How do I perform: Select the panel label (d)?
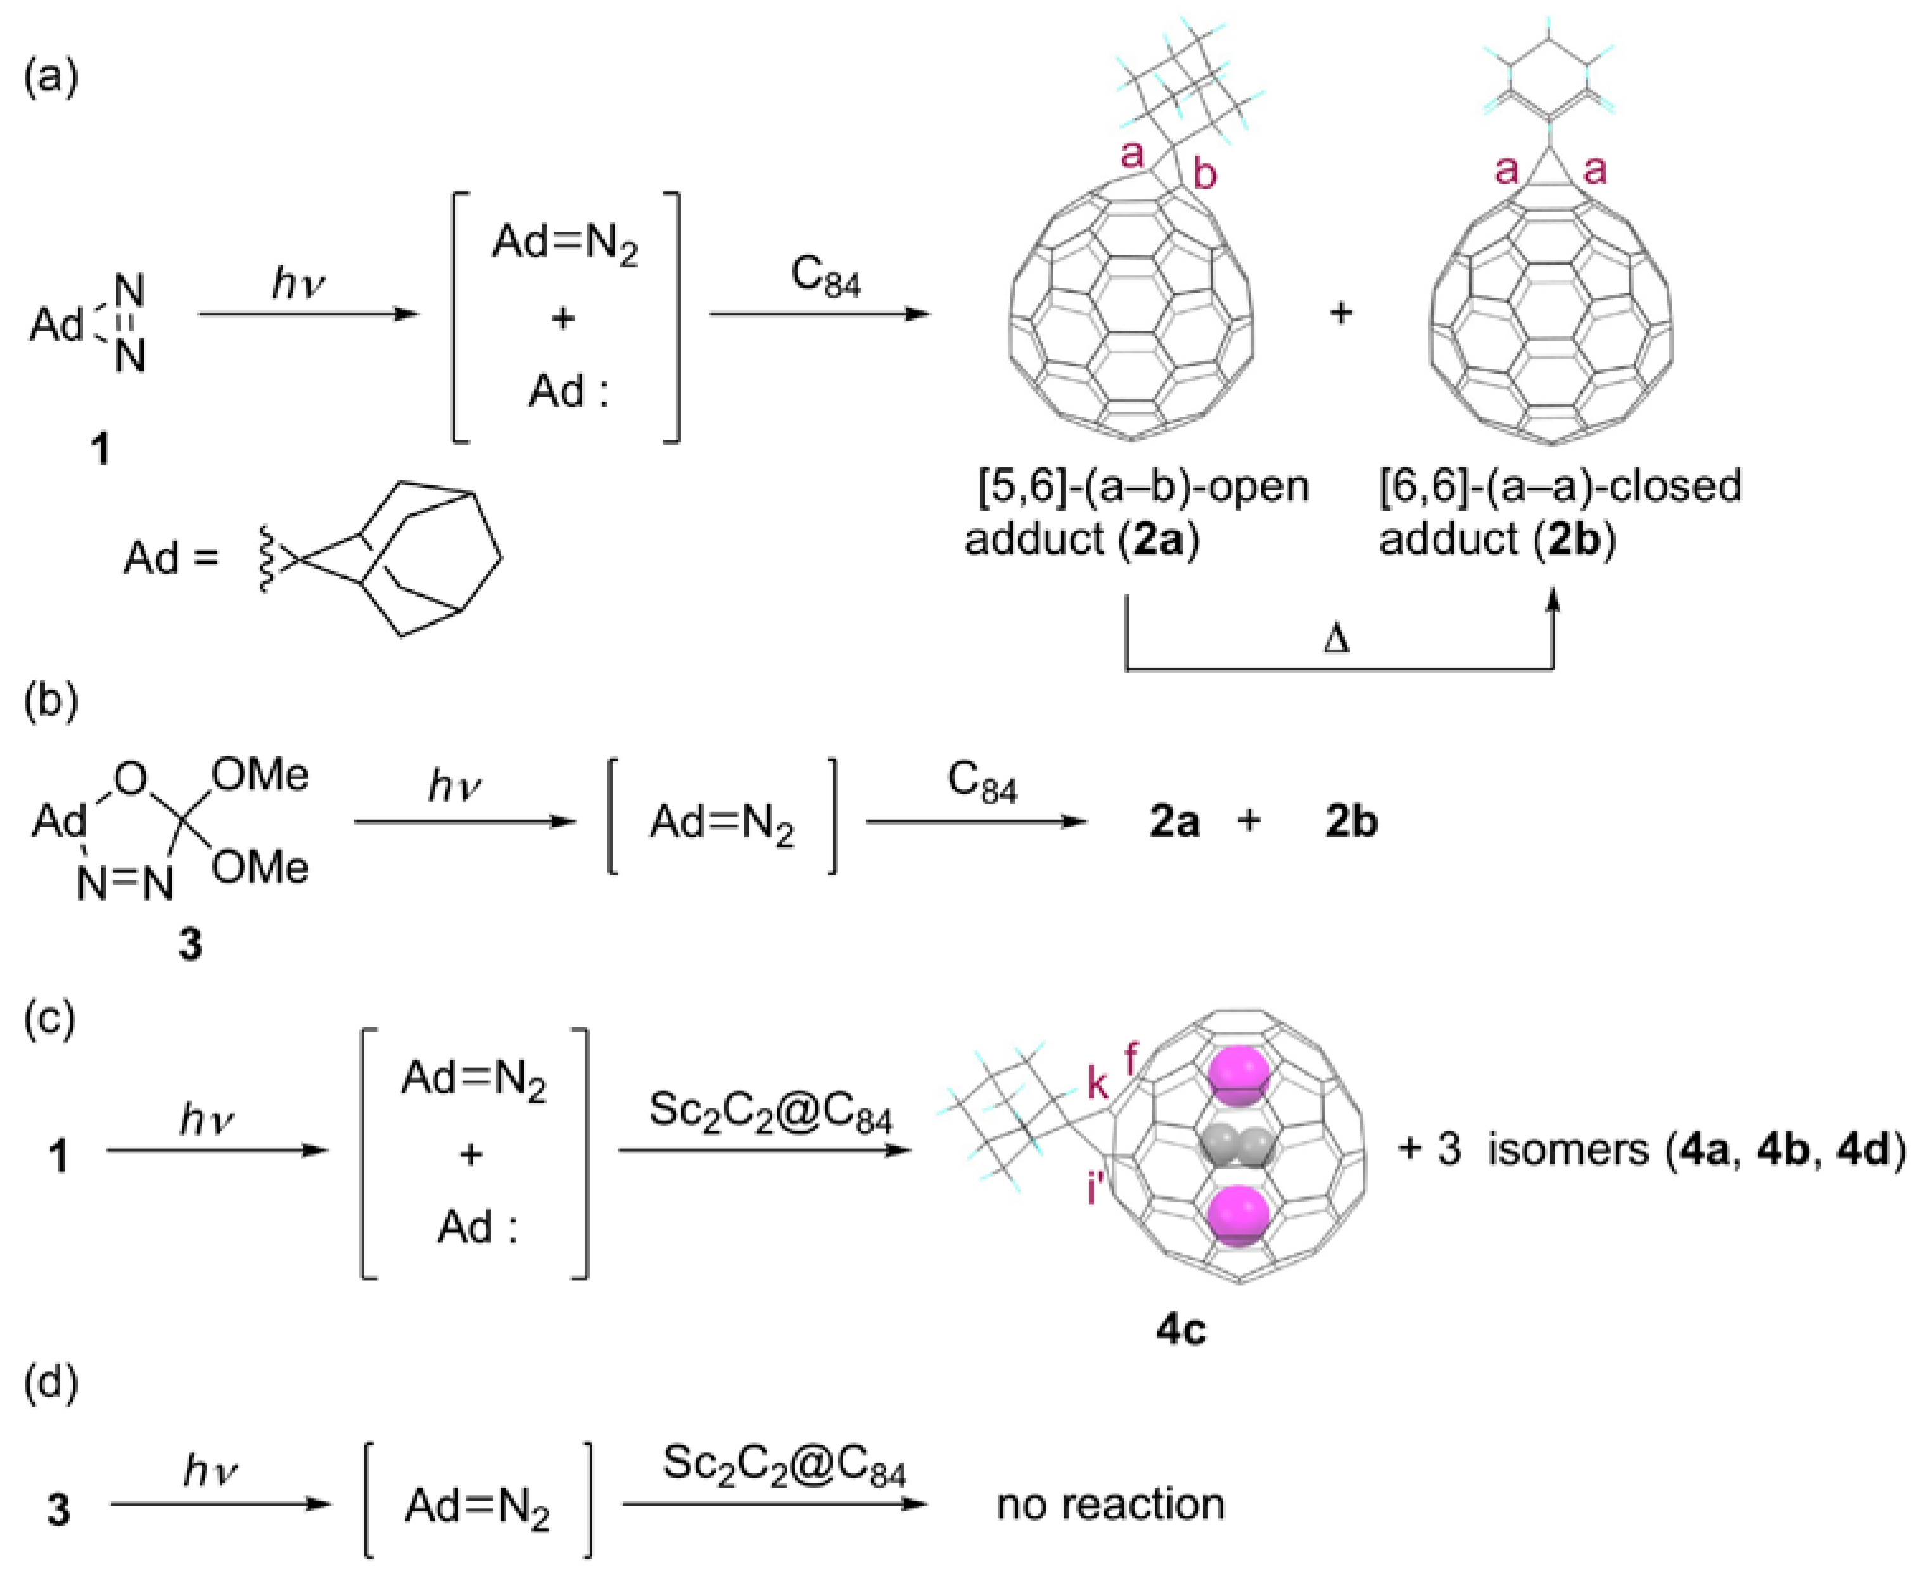click(x=51, y=1383)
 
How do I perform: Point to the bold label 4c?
click(x=1181, y=1330)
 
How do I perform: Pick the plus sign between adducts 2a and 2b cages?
click(x=1340, y=314)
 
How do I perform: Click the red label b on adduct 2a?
click(x=1204, y=174)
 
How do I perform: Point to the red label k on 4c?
click(x=1097, y=1084)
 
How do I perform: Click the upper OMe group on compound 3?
click(x=260, y=776)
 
